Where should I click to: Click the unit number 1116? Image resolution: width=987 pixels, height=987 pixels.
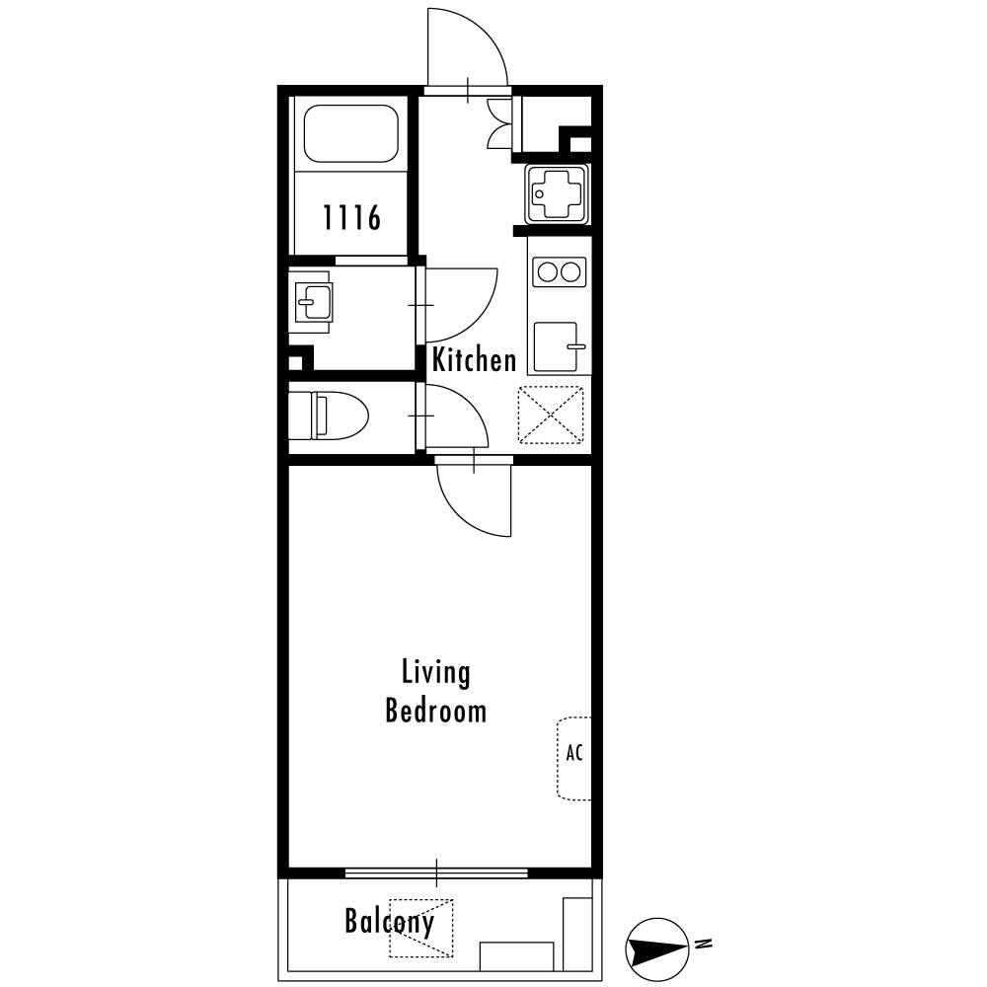click(352, 217)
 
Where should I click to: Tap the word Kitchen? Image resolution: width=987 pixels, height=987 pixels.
click(474, 360)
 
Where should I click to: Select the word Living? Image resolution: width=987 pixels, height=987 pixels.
click(435, 673)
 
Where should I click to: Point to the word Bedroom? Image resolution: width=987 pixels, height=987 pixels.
click(435, 711)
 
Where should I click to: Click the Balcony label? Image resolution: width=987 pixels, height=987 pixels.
click(390, 922)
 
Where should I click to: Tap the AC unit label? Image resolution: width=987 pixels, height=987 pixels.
click(574, 752)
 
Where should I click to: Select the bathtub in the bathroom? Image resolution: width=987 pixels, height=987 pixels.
click(350, 133)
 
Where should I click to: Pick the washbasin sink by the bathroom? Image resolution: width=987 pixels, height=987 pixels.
click(313, 302)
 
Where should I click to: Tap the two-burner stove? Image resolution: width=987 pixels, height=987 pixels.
click(559, 272)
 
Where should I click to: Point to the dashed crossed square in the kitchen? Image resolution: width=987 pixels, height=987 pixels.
click(551, 415)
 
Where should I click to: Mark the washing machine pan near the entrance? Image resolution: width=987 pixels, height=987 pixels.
click(559, 194)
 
